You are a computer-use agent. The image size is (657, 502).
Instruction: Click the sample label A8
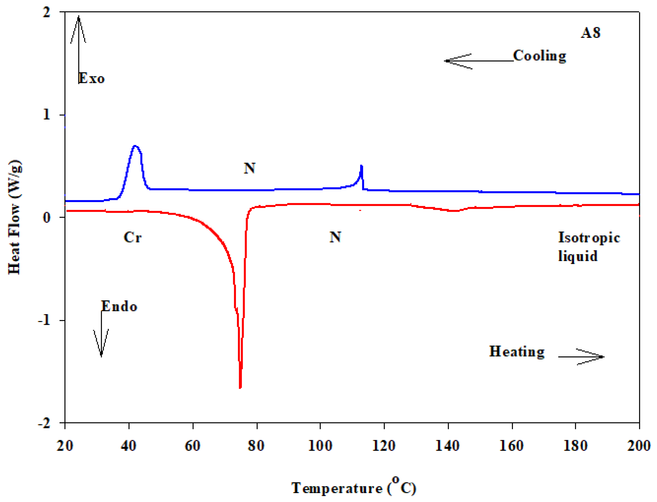590,33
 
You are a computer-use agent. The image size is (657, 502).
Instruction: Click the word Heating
516,352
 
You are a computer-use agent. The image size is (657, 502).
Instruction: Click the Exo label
91,79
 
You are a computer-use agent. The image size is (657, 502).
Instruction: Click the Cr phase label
132,238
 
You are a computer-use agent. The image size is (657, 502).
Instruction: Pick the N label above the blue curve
249,168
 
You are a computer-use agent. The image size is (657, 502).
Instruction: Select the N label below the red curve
335,237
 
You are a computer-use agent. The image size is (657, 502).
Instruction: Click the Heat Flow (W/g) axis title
14,217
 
